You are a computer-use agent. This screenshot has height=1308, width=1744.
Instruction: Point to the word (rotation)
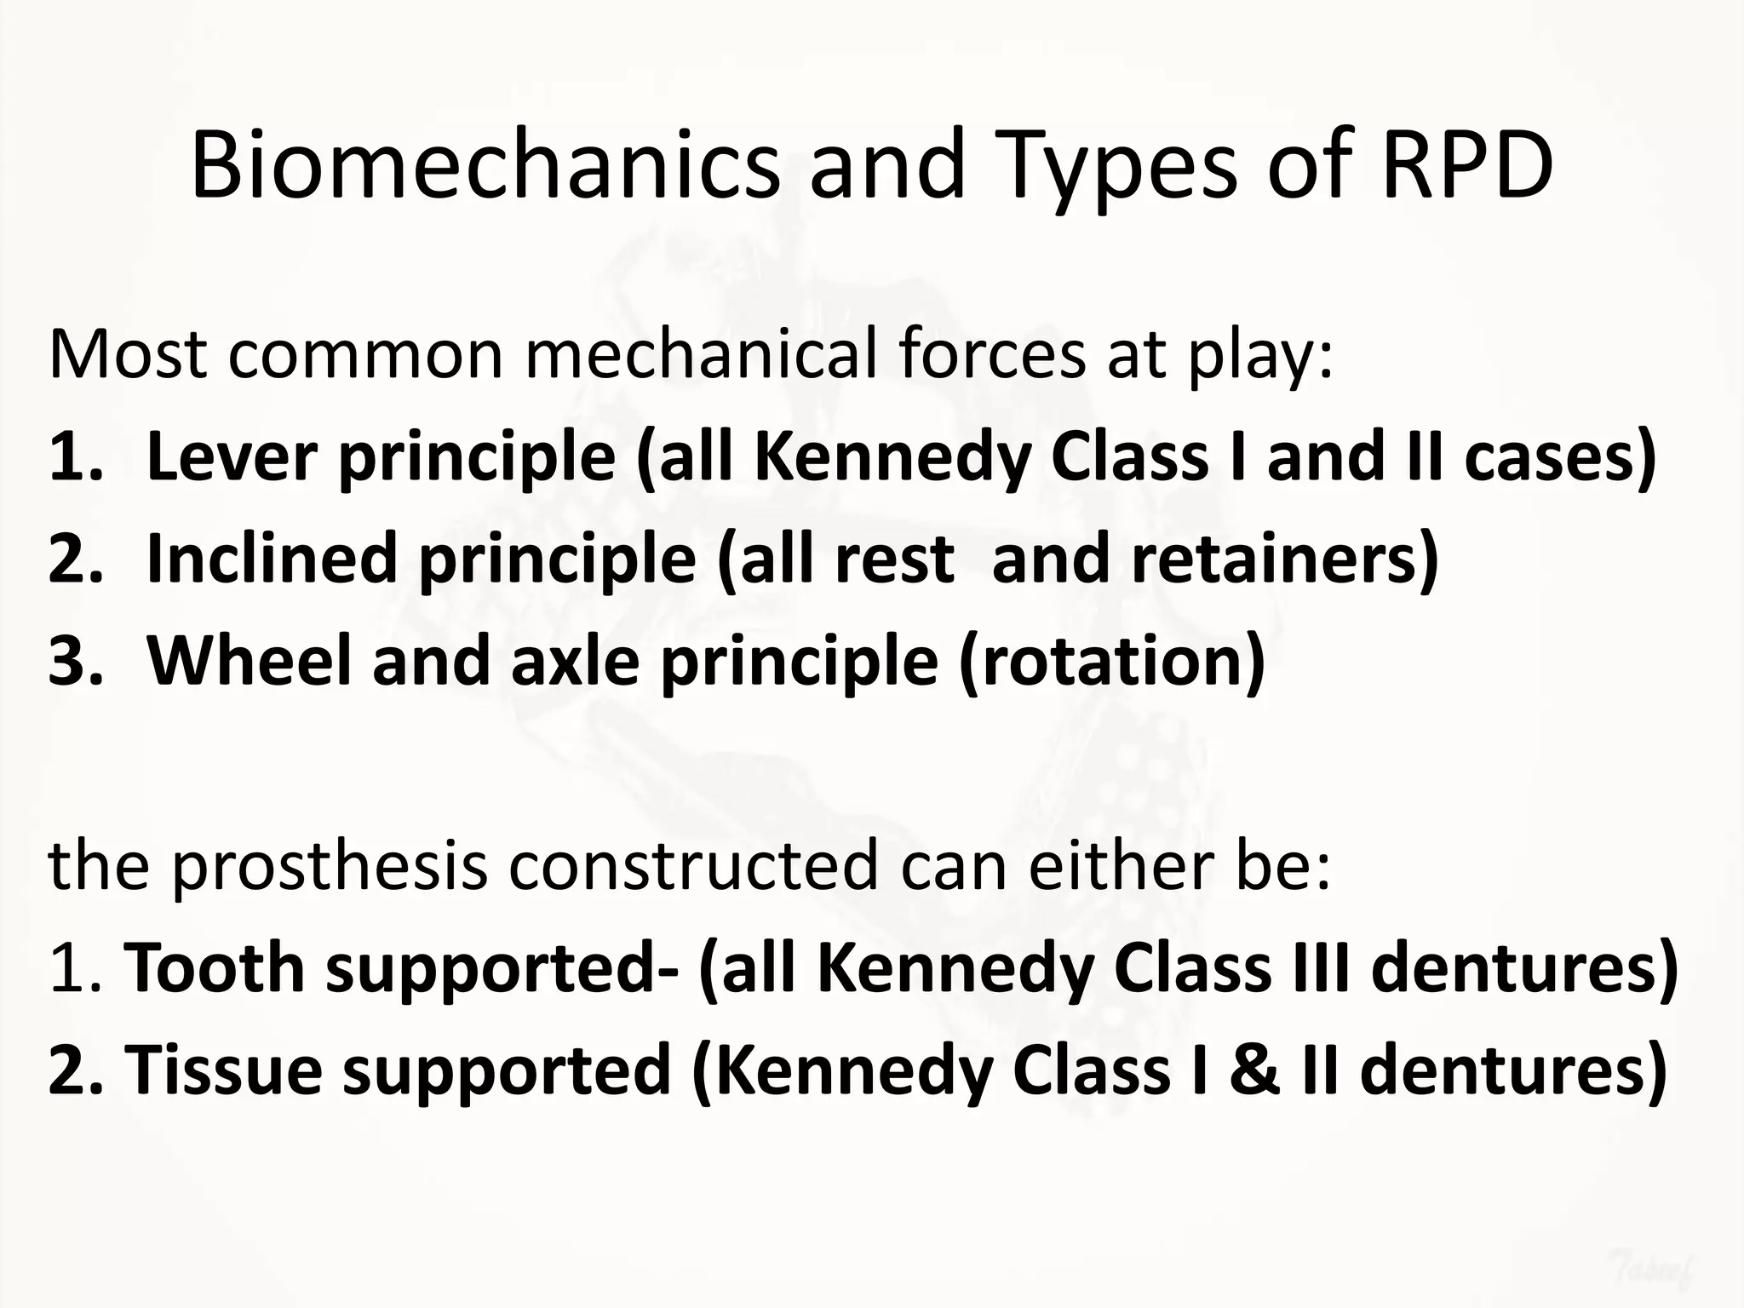1112,662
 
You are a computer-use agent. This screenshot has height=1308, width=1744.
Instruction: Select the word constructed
693,865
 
